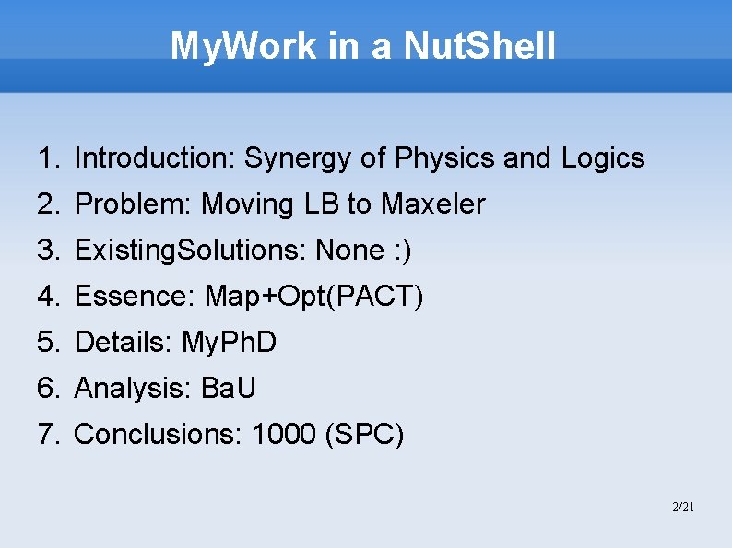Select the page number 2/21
pos(683,507)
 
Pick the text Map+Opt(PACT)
pos(314,297)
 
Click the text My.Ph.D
pos(230,343)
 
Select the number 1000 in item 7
pos(284,435)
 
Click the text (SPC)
pos(365,435)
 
